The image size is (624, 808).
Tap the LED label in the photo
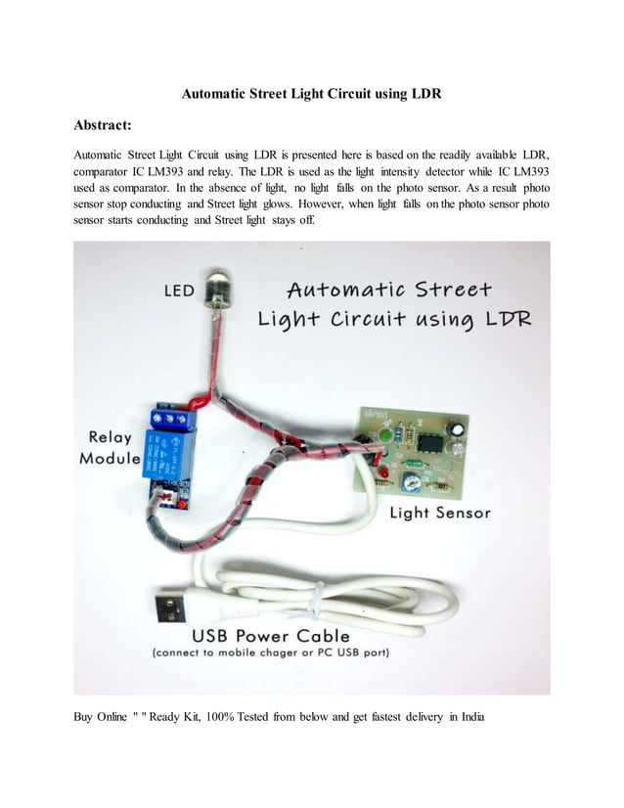pyautogui.click(x=178, y=291)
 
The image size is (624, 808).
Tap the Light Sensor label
pyautogui.click(x=440, y=513)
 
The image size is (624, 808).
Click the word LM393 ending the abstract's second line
pyautogui.click(x=525, y=170)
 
